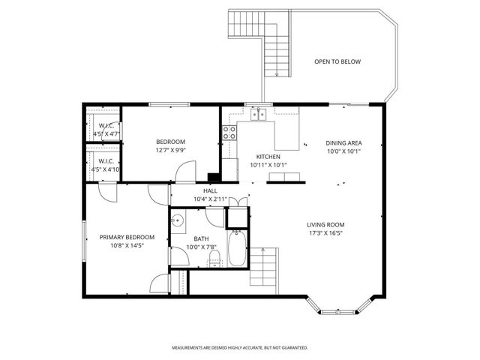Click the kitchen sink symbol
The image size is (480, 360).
click(x=259, y=114)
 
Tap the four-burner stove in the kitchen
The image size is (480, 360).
click(x=229, y=133)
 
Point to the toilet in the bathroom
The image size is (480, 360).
click(x=214, y=259)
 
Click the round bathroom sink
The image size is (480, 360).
click(x=178, y=220)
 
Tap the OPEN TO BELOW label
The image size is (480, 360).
click(x=337, y=61)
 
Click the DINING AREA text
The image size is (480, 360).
click(x=344, y=142)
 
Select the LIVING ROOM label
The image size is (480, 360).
click(x=325, y=224)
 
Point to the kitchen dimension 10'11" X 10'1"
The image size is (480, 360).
click(x=268, y=164)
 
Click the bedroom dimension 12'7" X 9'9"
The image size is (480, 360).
click(x=170, y=150)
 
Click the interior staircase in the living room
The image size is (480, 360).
click(x=264, y=270)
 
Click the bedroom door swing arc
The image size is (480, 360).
click(x=184, y=171)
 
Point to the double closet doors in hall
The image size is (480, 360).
click(x=236, y=202)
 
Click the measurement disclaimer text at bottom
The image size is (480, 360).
click(x=240, y=348)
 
